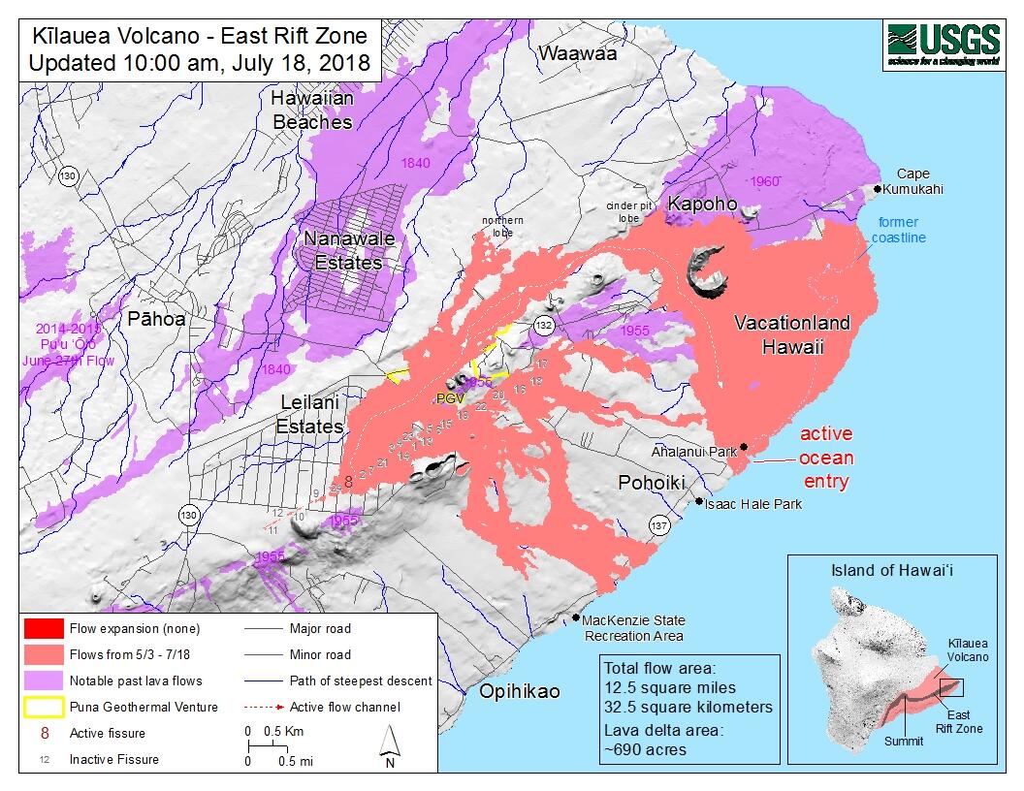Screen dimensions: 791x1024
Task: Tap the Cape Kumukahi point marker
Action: (x=879, y=189)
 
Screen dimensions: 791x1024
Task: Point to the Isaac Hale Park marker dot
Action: (x=700, y=501)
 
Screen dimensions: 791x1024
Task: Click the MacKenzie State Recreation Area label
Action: (x=633, y=628)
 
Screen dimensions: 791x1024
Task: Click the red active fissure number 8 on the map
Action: (x=347, y=481)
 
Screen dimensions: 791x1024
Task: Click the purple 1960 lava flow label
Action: (x=764, y=181)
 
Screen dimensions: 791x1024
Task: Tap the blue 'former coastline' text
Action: (x=898, y=230)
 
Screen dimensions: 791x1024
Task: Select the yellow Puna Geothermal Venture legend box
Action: (x=47, y=707)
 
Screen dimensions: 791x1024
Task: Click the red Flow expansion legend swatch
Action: (x=47, y=628)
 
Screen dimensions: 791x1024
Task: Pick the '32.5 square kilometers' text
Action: (x=688, y=707)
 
